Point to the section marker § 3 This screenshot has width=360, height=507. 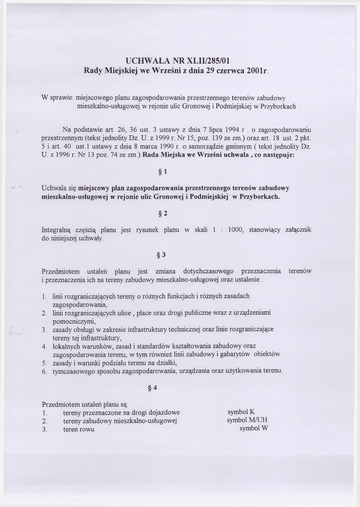coord(161,255)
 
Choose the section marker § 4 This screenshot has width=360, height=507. coord(153,388)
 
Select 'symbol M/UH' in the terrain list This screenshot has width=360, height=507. coord(248,420)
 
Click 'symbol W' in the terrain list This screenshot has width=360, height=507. coord(254,429)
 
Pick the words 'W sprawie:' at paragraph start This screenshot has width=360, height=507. coord(58,98)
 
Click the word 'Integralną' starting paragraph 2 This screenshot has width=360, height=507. coord(57,230)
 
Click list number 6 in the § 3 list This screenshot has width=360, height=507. coord(44,371)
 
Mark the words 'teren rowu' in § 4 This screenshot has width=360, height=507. coord(79,429)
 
